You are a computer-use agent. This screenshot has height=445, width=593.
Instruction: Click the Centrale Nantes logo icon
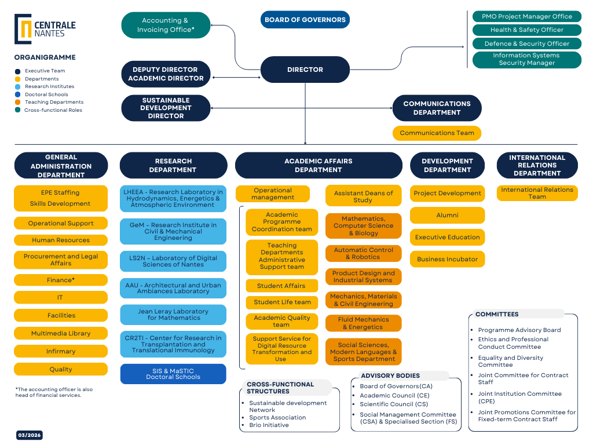(23, 29)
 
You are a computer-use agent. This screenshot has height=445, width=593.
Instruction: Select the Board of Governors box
(305, 20)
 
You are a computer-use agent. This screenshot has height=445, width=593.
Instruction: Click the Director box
(305, 70)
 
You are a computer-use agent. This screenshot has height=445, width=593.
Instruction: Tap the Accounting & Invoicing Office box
(166, 25)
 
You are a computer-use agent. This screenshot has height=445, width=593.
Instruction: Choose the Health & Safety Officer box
(526, 30)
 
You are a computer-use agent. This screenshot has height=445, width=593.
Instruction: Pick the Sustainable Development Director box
(166, 108)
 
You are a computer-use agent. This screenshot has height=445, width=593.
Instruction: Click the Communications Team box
(437, 133)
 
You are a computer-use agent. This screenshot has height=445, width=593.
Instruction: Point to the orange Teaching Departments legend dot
(18, 102)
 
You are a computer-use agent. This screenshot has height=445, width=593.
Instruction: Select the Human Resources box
(61, 240)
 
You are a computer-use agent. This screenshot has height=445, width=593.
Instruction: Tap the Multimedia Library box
(61, 333)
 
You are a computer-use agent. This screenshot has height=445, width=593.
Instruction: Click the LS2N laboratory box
(173, 261)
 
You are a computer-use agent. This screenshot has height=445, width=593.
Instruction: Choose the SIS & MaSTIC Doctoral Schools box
(173, 374)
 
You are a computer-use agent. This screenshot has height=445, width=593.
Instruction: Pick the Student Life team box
(282, 302)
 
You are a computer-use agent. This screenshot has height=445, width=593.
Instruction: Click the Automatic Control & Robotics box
(363, 253)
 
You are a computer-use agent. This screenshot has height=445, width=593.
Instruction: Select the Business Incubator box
(447, 259)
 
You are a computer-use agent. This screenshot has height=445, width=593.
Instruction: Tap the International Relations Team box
(537, 193)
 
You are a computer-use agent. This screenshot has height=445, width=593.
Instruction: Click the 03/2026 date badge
(29, 435)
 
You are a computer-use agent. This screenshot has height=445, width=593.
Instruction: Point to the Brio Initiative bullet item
(269, 425)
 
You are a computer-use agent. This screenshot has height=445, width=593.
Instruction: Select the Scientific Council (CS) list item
(394, 404)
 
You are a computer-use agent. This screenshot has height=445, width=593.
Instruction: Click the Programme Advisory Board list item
(519, 330)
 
